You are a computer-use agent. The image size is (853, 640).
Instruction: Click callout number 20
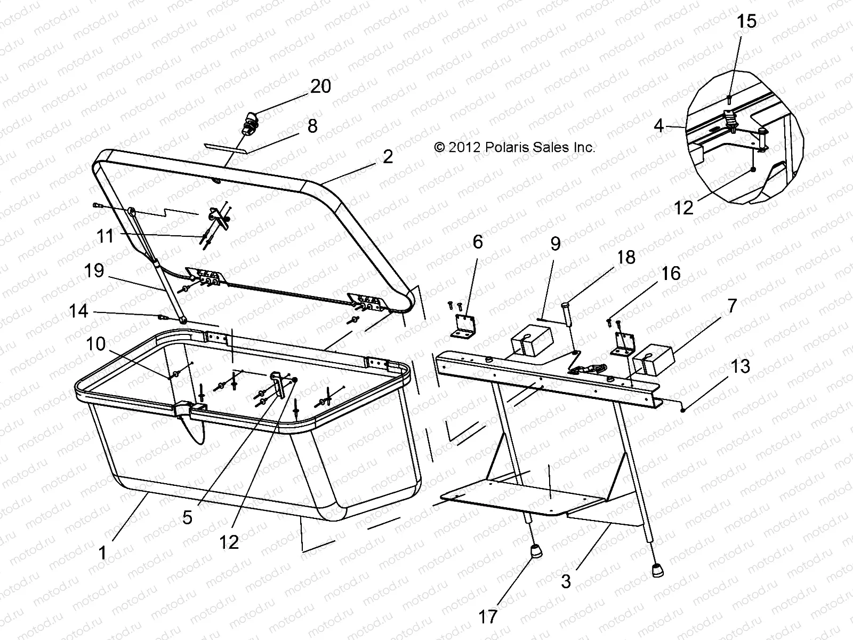320,86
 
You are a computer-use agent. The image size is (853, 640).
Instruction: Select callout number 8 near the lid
312,126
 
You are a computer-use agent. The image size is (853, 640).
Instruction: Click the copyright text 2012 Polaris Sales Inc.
514,147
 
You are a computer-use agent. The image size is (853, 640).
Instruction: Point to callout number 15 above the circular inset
746,22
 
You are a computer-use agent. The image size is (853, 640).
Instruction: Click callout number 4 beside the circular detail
659,126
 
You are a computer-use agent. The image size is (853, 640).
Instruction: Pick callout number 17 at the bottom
487,617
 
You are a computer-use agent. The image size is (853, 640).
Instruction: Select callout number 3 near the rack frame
566,581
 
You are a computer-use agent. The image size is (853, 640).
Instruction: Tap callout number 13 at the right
741,366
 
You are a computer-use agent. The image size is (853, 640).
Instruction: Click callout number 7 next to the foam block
731,306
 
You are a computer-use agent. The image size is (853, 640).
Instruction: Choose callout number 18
626,257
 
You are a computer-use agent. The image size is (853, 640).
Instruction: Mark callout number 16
671,274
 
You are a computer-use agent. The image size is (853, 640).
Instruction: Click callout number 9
556,244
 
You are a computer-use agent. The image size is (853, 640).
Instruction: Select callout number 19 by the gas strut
94,270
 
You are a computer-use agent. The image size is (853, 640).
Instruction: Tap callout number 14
78,311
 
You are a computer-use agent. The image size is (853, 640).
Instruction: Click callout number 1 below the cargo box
102,553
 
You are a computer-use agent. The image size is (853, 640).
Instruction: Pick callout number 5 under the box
187,517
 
